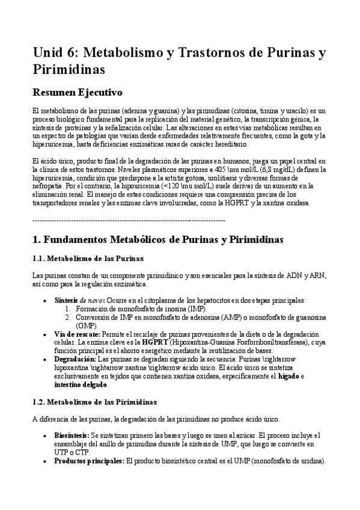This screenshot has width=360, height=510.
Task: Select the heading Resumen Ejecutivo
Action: click(78, 93)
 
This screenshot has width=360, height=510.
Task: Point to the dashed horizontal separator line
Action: click(129, 221)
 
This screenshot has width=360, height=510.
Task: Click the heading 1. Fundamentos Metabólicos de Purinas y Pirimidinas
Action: click(157, 240)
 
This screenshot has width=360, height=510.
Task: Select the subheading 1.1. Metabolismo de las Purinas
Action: click(87, 259)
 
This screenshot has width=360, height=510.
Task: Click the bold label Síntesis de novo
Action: click(78, 300)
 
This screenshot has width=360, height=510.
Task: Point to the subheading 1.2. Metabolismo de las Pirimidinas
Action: click(94, 401)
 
